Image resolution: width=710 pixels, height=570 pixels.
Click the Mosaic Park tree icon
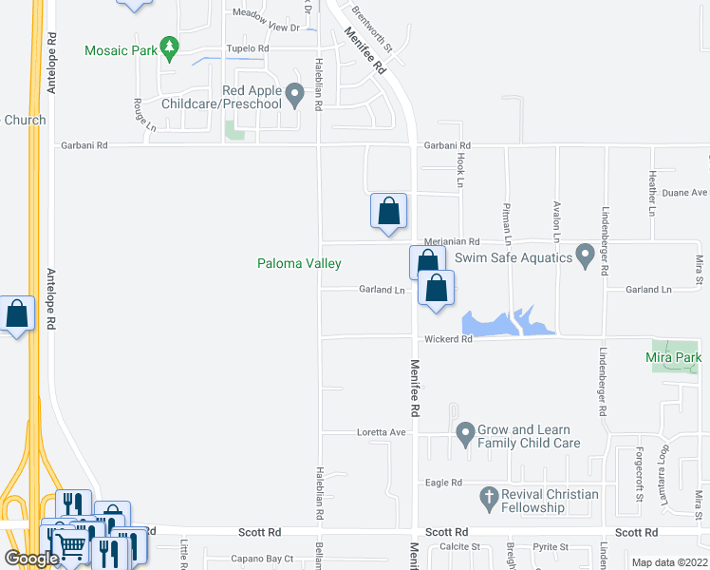tap(169, 47)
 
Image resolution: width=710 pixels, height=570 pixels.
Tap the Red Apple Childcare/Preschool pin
tap(294, 94)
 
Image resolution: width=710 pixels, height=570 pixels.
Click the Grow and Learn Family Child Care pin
tap(465, 435)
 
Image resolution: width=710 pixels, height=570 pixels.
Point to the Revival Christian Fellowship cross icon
tap(489, 496)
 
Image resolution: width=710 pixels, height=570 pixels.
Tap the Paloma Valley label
tap(299, 263)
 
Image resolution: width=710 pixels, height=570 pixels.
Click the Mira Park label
tap(673, 358)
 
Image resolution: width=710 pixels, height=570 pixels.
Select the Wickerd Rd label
tap(448, 339)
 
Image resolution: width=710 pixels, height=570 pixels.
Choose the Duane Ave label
tap(684, 193)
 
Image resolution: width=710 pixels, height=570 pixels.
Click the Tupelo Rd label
tap(247, 48)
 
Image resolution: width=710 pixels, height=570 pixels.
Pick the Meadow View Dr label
tap(264, 14)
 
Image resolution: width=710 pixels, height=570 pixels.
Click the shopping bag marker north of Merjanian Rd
tap(388, 211)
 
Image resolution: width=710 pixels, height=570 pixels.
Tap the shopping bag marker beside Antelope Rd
tap(17, 313)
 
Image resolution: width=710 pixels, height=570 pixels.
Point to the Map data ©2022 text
tap(669, 562)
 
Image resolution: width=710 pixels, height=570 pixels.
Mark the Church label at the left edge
tap(25, 120)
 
